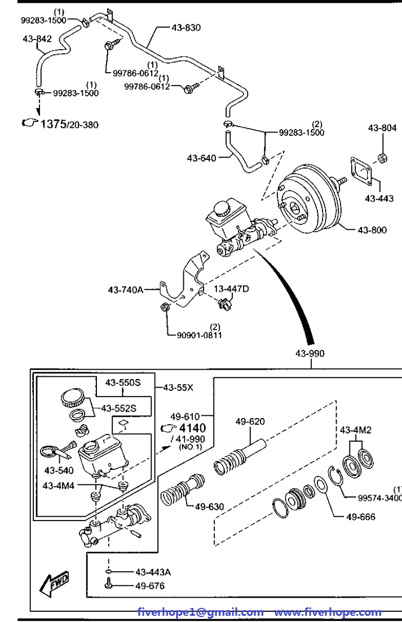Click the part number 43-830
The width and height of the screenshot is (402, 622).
[x=186, y=28]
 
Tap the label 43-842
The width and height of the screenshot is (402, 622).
[x=37, y=38]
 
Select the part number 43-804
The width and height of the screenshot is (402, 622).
[x=382, y=128]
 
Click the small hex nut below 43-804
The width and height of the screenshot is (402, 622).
[x=382, y=158]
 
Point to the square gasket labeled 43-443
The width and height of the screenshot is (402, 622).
[x=362, y=171]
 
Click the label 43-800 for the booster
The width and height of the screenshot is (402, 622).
[x=372, y=230]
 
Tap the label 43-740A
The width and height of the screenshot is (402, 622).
[x=125, y=290]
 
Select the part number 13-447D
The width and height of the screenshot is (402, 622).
[x=231, y=288]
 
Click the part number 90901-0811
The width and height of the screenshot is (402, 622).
[x=199, y=335]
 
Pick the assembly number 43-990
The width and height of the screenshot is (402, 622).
[x=310, y=353]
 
